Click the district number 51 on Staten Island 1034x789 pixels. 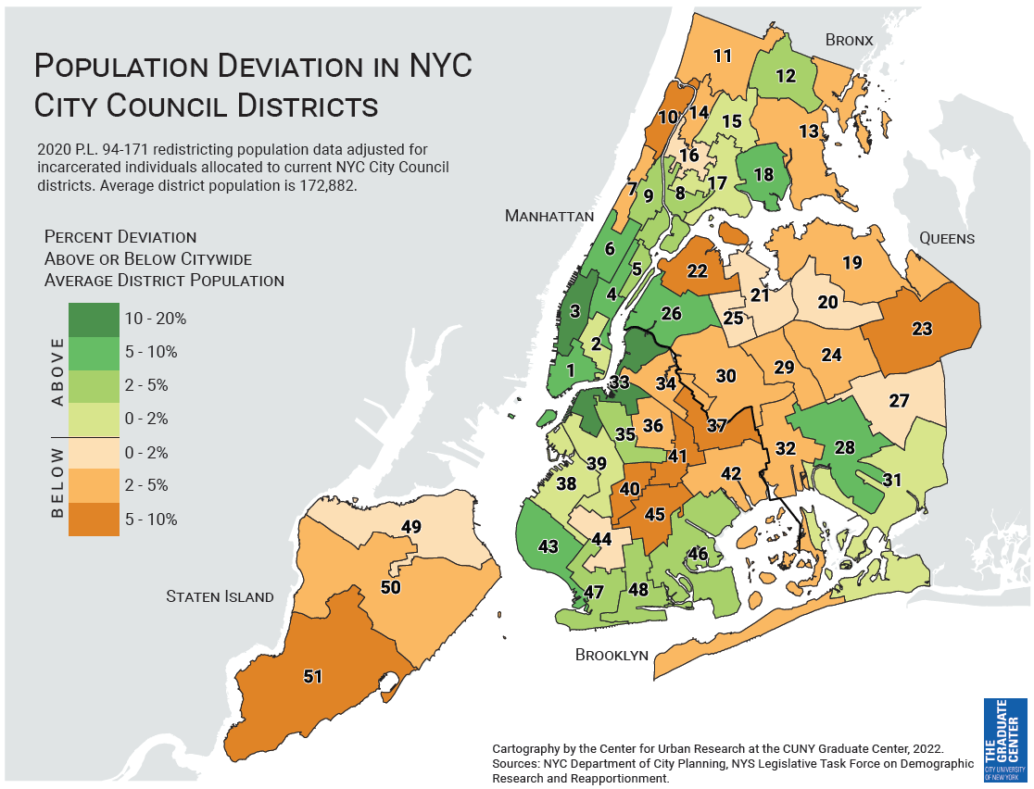(312, 676)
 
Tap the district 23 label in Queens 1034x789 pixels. (921, 329)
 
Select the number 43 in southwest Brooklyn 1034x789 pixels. (548, 546)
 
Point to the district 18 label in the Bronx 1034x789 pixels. (763, 174)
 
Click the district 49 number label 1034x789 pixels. (411, 527)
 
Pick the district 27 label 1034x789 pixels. (899, 401)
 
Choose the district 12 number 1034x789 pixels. (786, 76)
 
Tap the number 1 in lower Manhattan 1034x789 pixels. (571, 369)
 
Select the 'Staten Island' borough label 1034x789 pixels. (220, 596)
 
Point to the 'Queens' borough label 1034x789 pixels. (946, 238)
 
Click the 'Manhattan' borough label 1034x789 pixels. (549, 216)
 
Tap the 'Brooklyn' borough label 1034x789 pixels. (612, 655)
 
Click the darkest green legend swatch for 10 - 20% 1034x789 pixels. (93, 319)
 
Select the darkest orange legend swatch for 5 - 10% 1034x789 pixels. (93, 519)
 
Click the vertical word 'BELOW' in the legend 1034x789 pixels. (57, 482)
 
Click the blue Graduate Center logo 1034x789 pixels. (1003, 740)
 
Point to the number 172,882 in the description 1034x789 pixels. (328, 185)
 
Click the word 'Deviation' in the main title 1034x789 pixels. (300, 67)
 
